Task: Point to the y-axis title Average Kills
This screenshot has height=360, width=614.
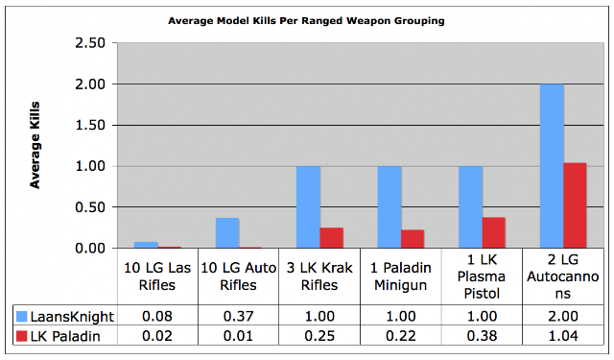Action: (35, 145)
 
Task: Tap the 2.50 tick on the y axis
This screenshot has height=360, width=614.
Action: (90, 42)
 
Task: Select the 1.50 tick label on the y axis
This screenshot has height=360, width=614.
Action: (90, 125)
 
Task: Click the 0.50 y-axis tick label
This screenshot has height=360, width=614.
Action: (90, 207)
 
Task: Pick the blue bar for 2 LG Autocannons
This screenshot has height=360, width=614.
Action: (552, 166)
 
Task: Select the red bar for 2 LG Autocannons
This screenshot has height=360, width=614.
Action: (575, 205)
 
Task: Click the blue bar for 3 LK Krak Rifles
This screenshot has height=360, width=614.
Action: (308, 207)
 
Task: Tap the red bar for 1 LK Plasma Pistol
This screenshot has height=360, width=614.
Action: (493, 232)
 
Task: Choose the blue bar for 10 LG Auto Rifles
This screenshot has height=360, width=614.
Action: (227, 233)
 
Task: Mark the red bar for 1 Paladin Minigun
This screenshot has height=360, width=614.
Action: (413, 239)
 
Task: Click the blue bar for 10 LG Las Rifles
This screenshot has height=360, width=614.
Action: (146, 245)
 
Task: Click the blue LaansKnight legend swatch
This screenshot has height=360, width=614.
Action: (21, 316)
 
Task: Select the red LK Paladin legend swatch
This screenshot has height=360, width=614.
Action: (21, 336)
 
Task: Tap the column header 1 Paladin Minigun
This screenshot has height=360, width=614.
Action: (401, 276)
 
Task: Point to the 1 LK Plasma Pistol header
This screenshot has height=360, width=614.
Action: (482, 276)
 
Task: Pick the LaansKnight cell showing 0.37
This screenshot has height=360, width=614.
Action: (238, 316)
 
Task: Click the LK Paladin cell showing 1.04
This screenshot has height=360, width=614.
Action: (563, 336)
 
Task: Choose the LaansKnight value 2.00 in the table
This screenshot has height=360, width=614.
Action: (563, 316)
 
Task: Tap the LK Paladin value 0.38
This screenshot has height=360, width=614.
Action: (482, 336)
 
